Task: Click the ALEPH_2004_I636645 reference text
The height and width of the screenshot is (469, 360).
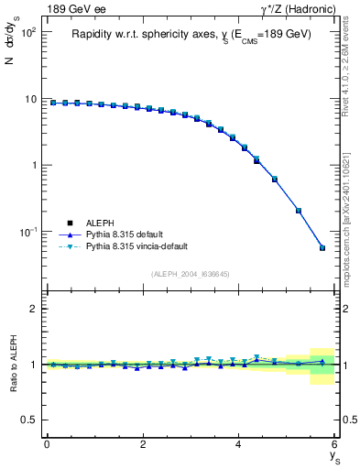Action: (191, 275)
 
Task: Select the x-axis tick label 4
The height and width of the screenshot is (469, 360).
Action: (239, 444)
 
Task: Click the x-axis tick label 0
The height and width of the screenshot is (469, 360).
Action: (47, 444)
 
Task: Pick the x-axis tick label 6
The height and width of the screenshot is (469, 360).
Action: (335, 444)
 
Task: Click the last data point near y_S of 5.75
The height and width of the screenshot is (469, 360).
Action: (322, 247)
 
